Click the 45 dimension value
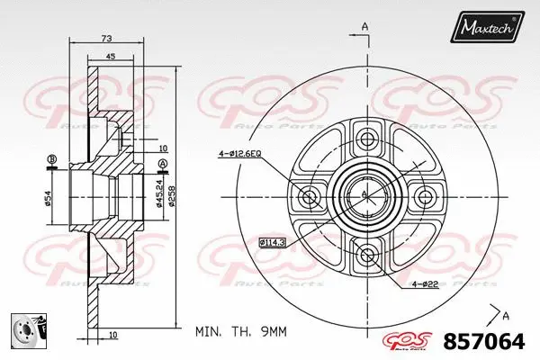click(x=110, y=57)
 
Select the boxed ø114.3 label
click(x=274, y=242)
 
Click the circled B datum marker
click(x=51, y=160)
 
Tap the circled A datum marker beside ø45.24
click(x=162, y=162)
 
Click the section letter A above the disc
click(x=365, y=25)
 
